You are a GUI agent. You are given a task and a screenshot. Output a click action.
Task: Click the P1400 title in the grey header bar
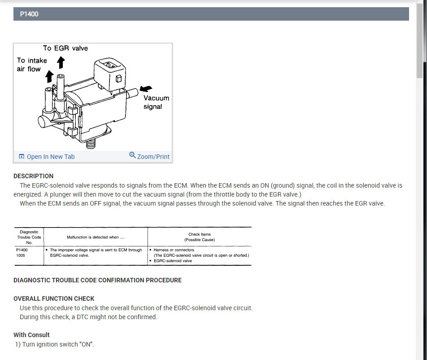tap(29, 14)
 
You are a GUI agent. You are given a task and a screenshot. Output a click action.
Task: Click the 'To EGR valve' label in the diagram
tap(65, 48)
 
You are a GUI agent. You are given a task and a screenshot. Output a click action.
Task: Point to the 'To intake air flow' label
tap(31, 65)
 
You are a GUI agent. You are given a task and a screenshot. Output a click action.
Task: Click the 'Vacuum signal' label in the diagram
tap(156, 102)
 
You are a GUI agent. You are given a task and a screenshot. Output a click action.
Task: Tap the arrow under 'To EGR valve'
tap(61, 62)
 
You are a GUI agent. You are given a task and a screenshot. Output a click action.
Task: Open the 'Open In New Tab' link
tap(50, 157)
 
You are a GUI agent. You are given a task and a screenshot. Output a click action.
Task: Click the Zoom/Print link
tap(153, 157)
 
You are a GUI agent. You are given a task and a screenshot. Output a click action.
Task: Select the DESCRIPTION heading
tap(33, 176)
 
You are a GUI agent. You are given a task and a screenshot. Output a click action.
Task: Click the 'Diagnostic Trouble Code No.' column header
tap(29, 237)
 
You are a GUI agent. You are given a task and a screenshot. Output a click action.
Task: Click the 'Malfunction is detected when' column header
tap(95, 237)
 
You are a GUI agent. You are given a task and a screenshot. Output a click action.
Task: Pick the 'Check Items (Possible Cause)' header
tap(200, 237)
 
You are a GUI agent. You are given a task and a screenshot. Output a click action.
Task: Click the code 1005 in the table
tap(21, 255)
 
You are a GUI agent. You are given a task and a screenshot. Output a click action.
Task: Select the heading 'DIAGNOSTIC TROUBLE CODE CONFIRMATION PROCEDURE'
tap(97, 280)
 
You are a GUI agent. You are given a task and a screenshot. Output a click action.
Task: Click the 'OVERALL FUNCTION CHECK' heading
tap(54, 299)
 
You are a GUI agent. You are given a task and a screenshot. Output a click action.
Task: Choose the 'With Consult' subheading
tap(31, 335)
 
